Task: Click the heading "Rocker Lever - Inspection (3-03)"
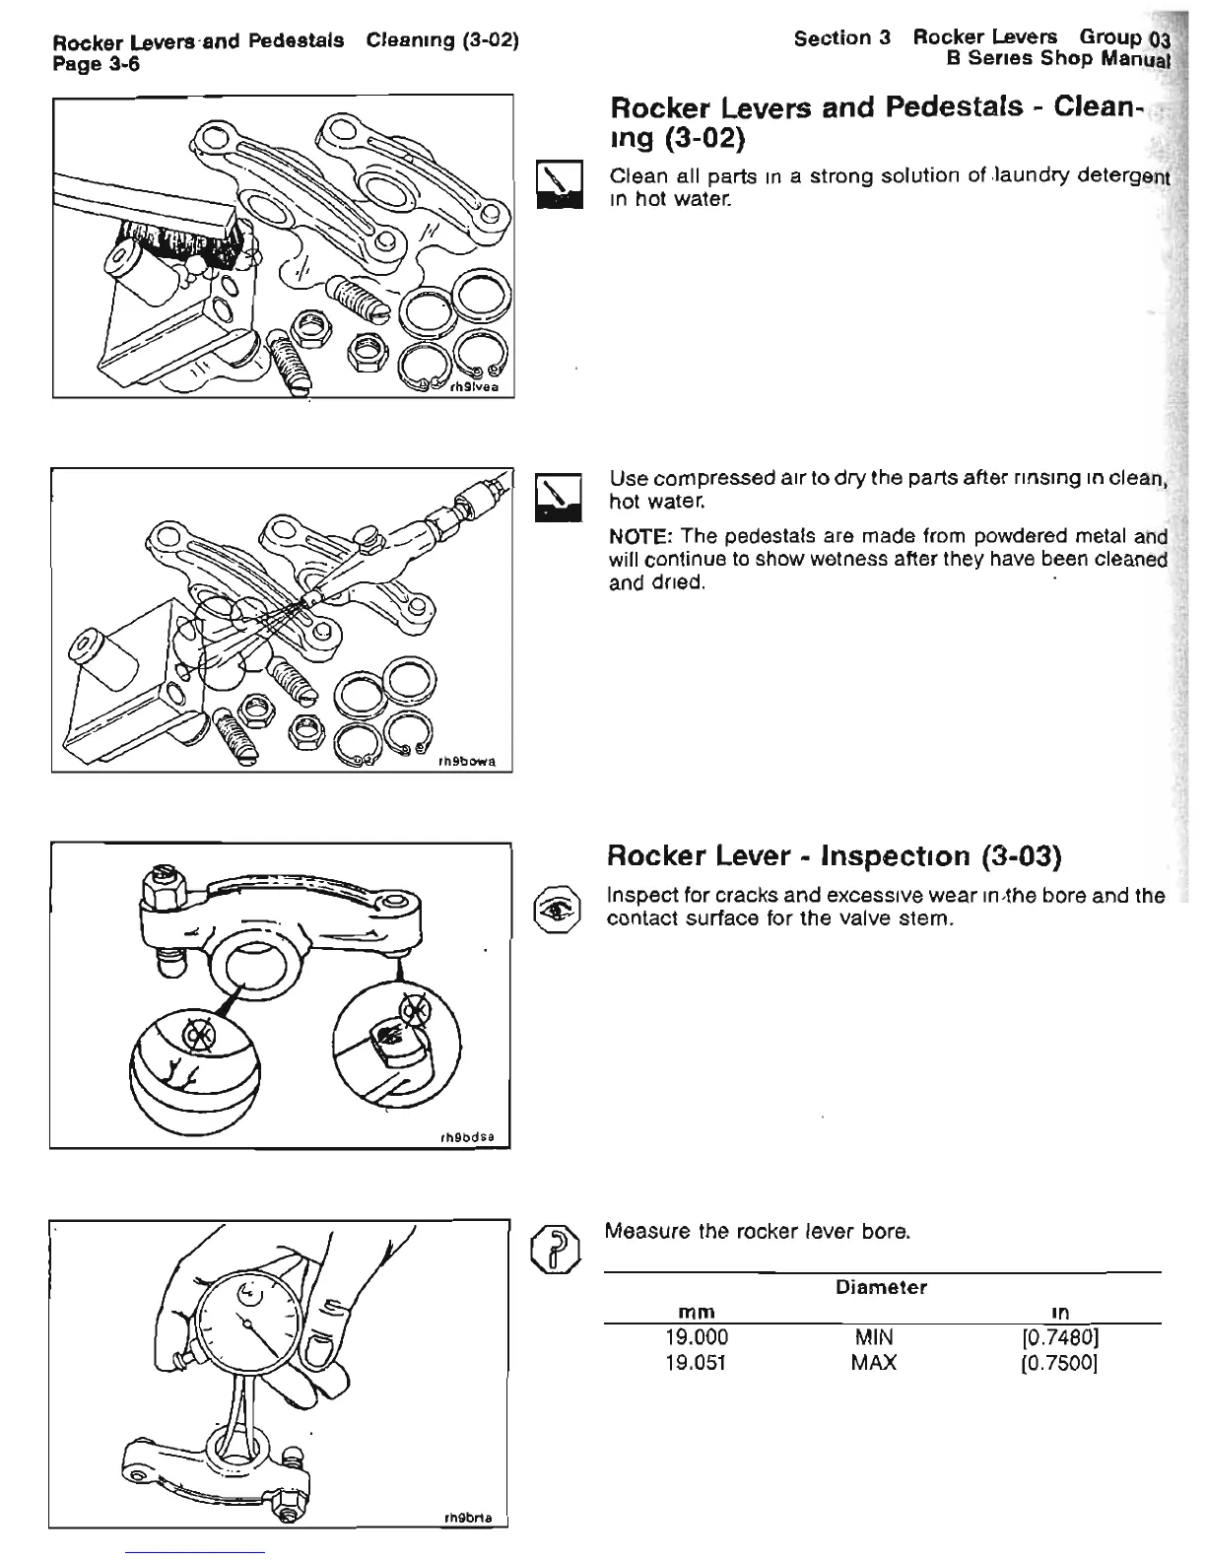coord(834,854)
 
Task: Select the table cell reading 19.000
coord(697,1337)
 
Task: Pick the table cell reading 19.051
coord(697,1363)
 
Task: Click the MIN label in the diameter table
coord(874,1337)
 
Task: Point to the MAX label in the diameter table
coord(874,1363)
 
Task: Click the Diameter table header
coord(881,1287)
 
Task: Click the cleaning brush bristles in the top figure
coord(177,246)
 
